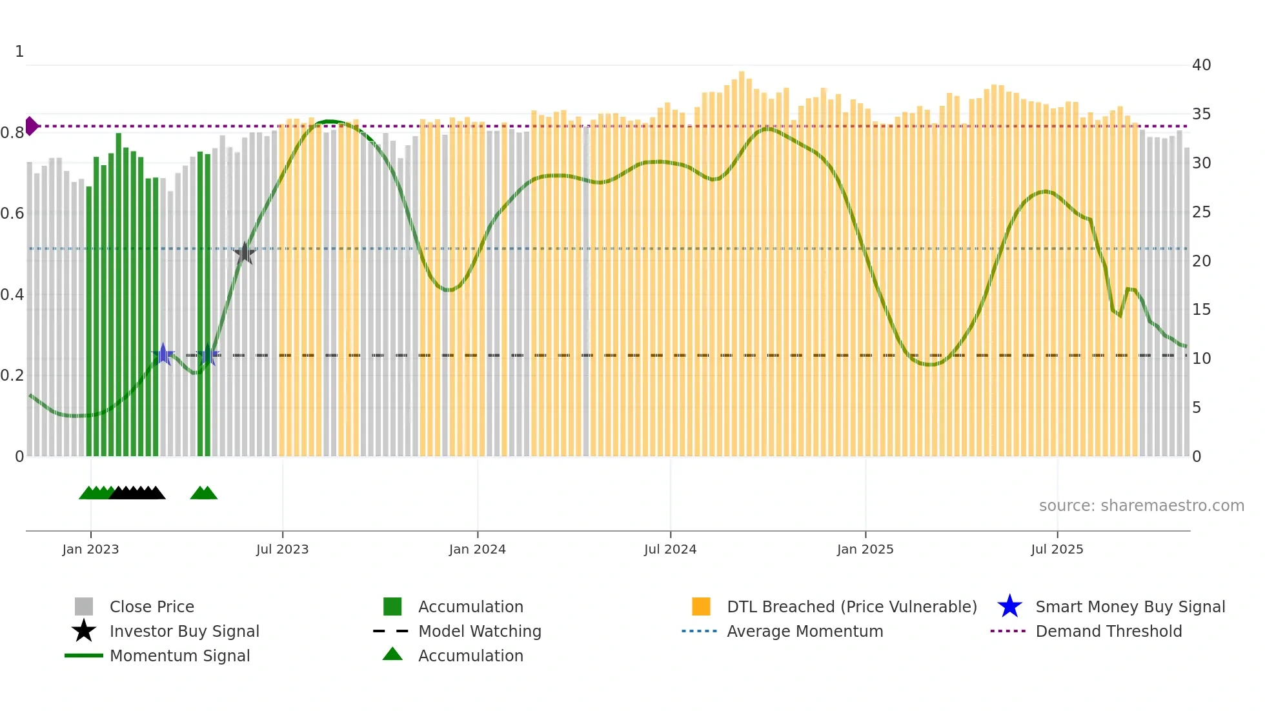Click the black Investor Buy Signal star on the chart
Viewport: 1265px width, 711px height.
tap(245, 253)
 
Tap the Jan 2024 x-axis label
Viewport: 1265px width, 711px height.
tap(477, 549)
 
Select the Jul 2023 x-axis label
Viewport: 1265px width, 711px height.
tap(282, 549)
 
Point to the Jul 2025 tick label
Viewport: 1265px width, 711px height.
tap(1057, 549)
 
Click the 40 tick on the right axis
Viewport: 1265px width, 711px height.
tap(1201, 65)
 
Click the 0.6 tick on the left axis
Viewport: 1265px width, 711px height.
tap(12, 214)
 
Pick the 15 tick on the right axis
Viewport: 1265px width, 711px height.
tap(1201, 310)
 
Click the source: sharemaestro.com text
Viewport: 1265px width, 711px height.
tap(1141, 505)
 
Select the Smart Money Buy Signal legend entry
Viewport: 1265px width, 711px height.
tap(1129, 606)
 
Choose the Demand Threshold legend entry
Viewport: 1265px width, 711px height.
tap(1108, 631)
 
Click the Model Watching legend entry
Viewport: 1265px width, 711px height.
tap(479, 631)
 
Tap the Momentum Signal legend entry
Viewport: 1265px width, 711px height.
tap(179, 656)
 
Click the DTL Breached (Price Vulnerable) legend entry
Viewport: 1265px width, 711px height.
tap(851, 606)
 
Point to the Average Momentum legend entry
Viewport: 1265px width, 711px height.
tap(804, 631)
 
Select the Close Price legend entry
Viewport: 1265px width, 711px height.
tap(151, 606)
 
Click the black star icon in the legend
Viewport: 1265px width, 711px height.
tap(84, 631)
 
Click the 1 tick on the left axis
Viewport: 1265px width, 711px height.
tap(19, 52)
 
